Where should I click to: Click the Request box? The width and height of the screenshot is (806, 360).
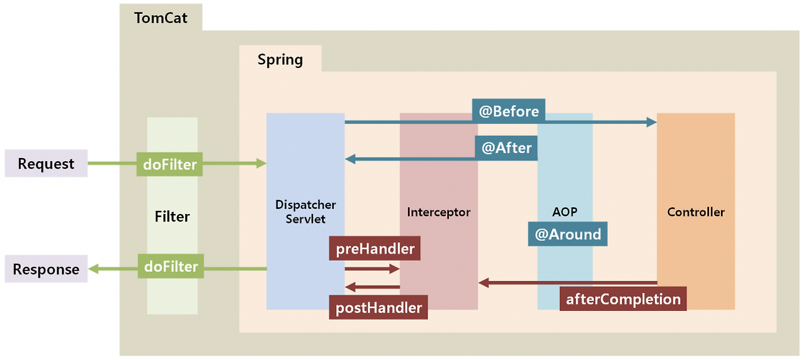[x=46, y=164]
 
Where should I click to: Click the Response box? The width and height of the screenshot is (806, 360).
[x=46, y=269]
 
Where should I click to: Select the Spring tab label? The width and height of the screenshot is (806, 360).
[x=280, y=60]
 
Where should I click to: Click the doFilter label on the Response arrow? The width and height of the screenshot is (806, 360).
[x=170, y=267]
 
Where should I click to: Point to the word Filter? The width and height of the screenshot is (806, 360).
[x=172, y=217]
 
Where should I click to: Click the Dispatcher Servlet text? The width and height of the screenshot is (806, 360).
[x=305, y=212]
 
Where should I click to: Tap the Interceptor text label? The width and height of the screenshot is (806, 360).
[x=438, y=212]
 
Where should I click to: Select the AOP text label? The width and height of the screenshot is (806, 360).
[x=564, y=212]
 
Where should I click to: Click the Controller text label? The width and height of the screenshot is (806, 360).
[x=696, y=212]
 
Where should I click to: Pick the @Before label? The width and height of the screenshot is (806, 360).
[x=509, y=111]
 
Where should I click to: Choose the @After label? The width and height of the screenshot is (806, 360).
[x=506, y=148]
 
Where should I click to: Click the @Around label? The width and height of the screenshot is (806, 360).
[x=567, y=234]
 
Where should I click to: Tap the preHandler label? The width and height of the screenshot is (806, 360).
[x=375, y=249]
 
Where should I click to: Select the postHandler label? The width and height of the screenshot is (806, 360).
[x=378, y=308]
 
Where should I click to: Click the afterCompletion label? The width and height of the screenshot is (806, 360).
[x=623, y=299]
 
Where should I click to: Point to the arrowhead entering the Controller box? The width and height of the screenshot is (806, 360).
[x=652, y=122]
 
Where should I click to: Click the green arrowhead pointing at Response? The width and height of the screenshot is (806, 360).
[x=93, y=269]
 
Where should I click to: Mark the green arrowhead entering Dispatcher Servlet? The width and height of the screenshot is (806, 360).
[x=261, y=164]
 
